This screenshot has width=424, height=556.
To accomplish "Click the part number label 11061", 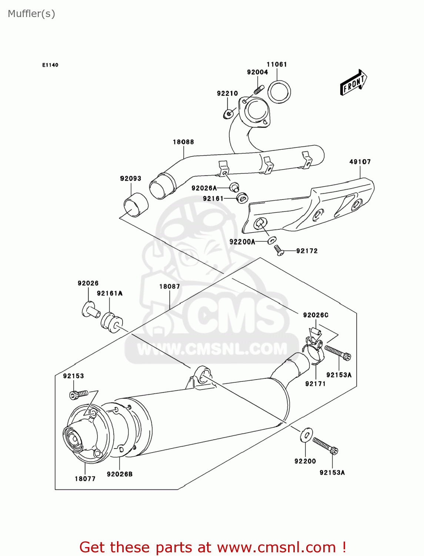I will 277,64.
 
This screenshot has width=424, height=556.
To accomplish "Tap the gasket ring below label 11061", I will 279,92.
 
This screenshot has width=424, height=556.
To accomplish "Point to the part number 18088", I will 183,142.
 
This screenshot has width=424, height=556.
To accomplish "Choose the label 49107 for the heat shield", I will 360,162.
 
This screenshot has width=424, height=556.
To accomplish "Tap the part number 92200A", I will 242,242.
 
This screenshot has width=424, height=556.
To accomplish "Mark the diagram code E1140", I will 50,65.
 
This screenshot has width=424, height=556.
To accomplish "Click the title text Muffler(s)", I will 31,14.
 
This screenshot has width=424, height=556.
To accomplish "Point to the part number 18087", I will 170,287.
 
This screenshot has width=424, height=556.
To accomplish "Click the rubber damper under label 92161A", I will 111,322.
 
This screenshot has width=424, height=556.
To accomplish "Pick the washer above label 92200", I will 306,435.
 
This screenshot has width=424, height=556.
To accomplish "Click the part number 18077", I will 85,479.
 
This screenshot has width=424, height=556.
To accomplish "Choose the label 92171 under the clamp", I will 316,384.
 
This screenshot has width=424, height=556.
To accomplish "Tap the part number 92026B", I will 120,474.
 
